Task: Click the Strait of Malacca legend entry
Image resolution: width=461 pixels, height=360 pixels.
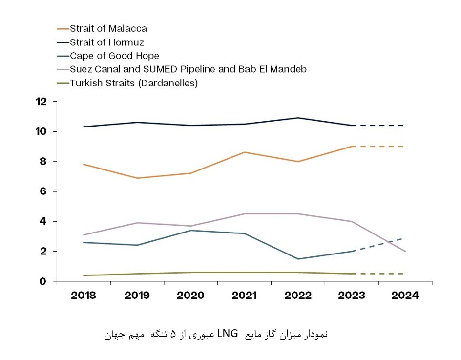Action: [x=108, y=28]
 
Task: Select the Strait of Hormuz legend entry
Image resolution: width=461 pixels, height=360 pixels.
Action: [x=106, y=42]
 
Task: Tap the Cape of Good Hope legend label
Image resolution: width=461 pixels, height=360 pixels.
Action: [x=114, y=56]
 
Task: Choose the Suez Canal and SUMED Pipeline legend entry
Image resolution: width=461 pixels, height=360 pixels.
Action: [x=188, y=69]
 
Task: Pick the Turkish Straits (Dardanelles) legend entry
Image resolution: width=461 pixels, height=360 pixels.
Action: [x=133, y=83]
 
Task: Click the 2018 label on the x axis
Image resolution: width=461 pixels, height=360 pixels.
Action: [x=84, y=296]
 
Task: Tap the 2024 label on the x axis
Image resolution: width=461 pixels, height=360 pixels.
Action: [x=405, y=296]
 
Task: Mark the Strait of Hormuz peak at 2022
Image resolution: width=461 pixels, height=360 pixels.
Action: [x=298, y=118]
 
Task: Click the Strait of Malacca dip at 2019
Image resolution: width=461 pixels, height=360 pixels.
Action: [x=137, y=178]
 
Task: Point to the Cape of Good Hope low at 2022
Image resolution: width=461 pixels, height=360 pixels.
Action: [x=298, y=259]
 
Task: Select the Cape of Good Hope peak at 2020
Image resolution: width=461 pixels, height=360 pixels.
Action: [x=191, y=230]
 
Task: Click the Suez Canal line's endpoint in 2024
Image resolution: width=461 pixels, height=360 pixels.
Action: [x=405, y=251]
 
